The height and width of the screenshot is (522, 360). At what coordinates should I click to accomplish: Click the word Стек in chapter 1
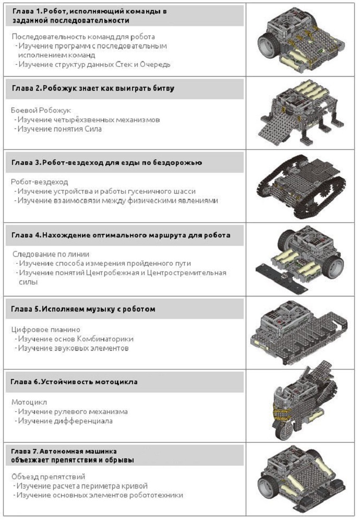[x=124, y=64]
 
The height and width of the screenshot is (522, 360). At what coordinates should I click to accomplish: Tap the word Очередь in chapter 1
[x=155, y=64]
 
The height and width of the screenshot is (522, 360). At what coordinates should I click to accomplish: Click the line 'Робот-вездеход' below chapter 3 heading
[x=39, y=182]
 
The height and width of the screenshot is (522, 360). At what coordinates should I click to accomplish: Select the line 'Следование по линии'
[x=51, y=254]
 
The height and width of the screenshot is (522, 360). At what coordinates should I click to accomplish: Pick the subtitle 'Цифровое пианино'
[x=45, y=329]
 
